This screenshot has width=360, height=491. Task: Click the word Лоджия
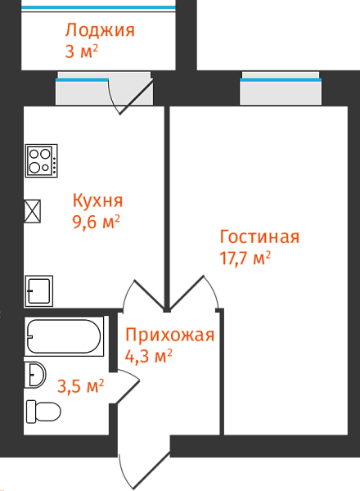coord(100,31)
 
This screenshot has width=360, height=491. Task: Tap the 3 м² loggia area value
coord(81,52)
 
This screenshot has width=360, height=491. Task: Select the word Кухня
coord(97,200)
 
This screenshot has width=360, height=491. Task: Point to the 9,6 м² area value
coord(96,223)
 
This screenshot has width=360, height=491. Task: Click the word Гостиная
coord(259,236)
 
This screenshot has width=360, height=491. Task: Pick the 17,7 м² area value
coord(245,259)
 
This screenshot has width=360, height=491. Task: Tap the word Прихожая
coord(170,336)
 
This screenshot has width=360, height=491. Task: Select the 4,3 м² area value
coord(149,356)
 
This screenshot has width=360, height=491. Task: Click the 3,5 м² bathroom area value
coord(80,386)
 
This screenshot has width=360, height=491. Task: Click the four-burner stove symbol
coord(42,161)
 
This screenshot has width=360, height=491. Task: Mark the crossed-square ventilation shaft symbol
coord(33,211)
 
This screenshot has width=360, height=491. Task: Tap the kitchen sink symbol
coord(38,291)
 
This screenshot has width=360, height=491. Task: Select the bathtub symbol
coord(64,336)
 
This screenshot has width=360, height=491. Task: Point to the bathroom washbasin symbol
coord(35,375)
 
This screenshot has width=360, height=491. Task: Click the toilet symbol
coord(43,412)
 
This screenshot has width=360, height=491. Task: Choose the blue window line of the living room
coord(281,80)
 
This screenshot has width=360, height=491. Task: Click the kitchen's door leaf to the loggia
coord(137,97)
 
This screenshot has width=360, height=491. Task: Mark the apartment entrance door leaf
coord(152,471)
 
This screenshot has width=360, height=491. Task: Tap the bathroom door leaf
coord(128,392)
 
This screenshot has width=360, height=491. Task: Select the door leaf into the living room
coord(187,293)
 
